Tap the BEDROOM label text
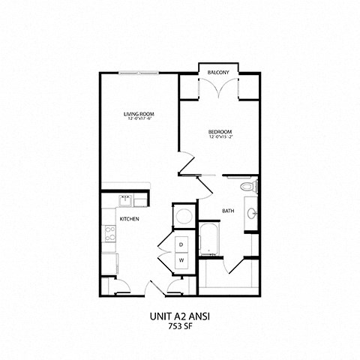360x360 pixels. [x=220, y=132]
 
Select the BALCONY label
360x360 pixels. [x=219, y=73]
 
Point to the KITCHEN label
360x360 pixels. [x=129, y=219]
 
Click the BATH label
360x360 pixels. [x=228, y=211]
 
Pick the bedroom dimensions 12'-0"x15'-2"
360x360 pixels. [x=220, y=137]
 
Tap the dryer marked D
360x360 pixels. [x=181, y=245]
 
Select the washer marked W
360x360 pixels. [x=181, y=260]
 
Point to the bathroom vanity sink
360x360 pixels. [x=252, y=214]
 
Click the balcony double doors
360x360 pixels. [x=219, y=88]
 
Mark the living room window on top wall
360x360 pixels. [x=139, y=73]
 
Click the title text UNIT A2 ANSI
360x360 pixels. [x=180, y=316]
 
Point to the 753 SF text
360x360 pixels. [x=180, y=328]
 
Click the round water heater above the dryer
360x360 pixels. [x=183, y=218]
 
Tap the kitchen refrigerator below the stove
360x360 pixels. [x=109, y=263]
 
